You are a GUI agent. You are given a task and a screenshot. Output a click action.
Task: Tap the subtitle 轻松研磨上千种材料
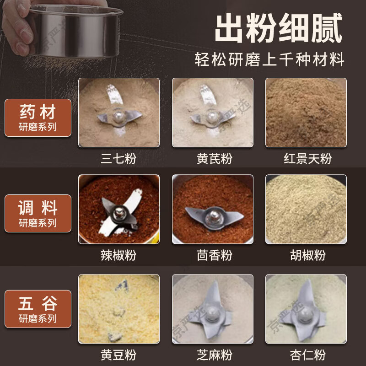(x=269, y=60)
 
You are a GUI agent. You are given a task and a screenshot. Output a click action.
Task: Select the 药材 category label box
(x=38, y=118)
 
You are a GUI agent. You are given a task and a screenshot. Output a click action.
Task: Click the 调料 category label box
(x=38, y=213)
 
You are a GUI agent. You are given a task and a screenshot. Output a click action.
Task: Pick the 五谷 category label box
(x=38, y=308)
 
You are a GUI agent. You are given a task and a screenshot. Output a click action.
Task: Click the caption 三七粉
(x=118, y=159)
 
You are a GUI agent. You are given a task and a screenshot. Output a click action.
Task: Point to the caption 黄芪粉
(x=212, y=159)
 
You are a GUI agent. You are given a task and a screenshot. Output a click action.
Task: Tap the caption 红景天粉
(x=306, y=159)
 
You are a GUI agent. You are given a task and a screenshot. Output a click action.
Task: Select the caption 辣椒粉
(x=118, y=255)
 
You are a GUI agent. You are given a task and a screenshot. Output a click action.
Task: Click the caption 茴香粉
(x=212, y=255)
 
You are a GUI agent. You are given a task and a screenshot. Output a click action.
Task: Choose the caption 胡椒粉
(x=306, y=255)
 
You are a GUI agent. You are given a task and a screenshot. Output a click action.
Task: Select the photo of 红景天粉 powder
(x=306, y=113)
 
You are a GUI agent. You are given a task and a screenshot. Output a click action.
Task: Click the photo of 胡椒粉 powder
(x=306, y=209)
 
